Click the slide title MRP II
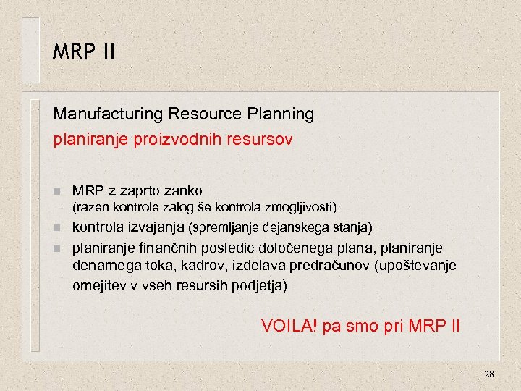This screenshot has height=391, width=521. [83, 52]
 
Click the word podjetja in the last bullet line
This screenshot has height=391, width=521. [258, 285]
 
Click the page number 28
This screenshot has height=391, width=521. [488, 374]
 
